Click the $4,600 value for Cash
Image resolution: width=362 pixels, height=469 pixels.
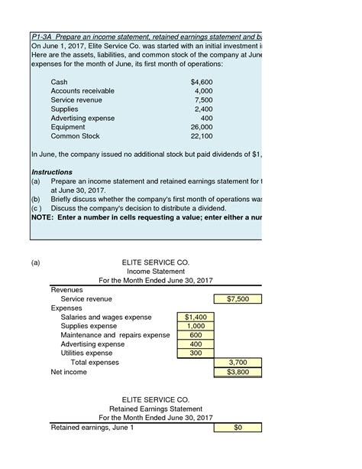[x=202, y=81]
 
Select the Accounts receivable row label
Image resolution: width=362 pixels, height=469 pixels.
[x=82, y=90]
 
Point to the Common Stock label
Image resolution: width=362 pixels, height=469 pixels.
[x=75, y=136]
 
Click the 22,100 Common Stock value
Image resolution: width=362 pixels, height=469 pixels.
[x=202, y=136]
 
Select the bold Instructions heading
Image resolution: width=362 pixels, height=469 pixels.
[x=52, y=172]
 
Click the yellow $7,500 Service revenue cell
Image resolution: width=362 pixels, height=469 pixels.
[x=239, y=299]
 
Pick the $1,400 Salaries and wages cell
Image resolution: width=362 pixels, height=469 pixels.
[x=195, y=317]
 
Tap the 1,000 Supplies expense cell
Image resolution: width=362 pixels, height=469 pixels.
[x=195, y=326]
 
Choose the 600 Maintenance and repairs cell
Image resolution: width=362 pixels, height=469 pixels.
[x=195, y=335]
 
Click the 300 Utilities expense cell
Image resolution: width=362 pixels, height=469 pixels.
[x=195, y=353]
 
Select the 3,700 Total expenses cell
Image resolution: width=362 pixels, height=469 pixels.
[x=239, y=363]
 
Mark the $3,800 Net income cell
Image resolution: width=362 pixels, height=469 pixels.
[x=239, y=373]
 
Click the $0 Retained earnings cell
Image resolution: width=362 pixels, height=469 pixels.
[x=239, y=428]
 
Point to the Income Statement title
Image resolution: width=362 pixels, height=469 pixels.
[x=155, y=272]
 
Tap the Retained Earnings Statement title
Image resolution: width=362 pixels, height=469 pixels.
[x=156, y=409]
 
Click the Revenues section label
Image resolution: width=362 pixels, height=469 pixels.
[x=67, y=290]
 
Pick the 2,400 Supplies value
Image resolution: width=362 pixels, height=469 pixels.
[x=204, y=109]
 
